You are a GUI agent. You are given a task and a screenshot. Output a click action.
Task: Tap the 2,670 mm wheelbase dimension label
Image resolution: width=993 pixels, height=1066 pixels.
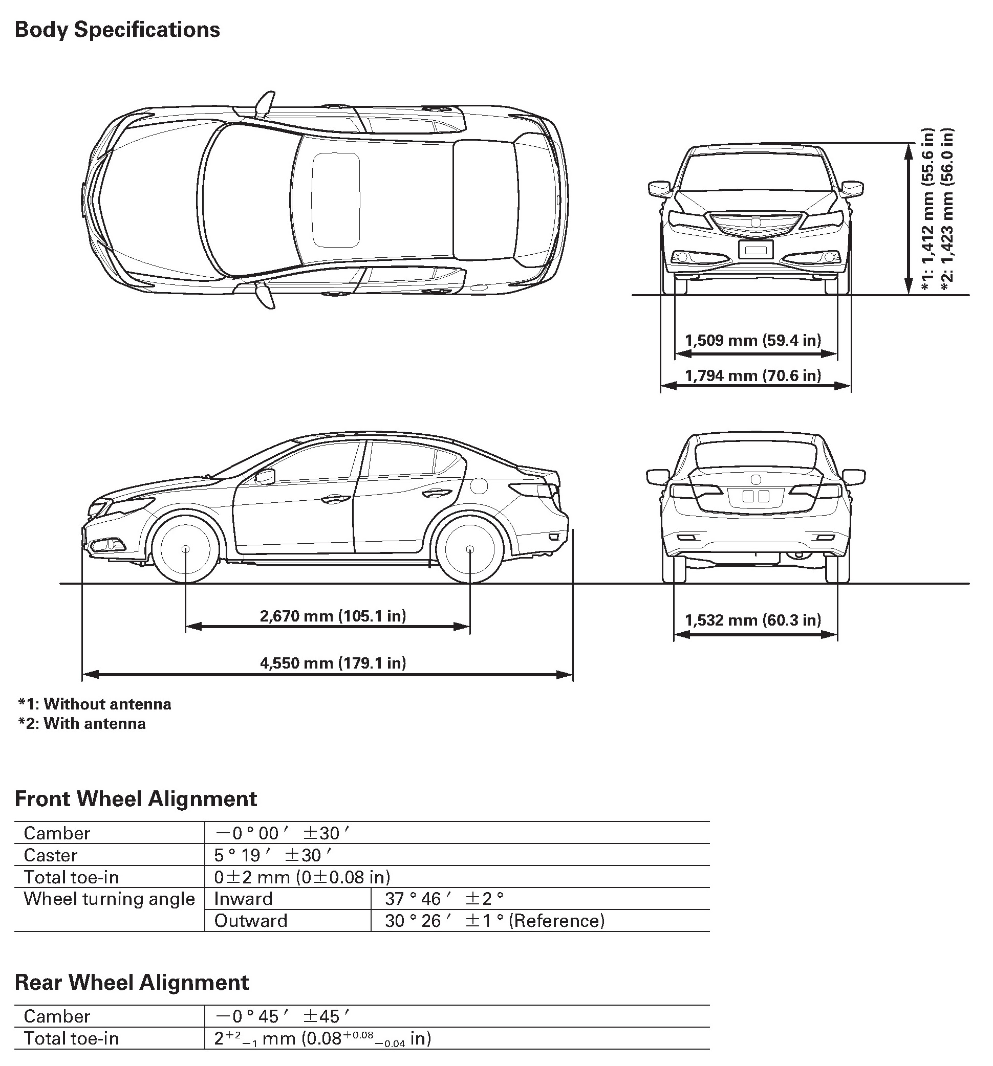[333, 615]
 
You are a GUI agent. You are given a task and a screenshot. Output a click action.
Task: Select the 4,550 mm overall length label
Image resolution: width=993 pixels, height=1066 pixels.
[333, 663]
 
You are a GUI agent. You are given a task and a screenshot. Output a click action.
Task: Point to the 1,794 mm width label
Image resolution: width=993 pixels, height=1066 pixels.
[752, 375]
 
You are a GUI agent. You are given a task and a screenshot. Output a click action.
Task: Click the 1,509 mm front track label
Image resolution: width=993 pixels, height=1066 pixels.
[752, 341]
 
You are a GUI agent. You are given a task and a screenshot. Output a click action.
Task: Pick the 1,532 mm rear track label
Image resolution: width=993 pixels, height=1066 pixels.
[752, 620]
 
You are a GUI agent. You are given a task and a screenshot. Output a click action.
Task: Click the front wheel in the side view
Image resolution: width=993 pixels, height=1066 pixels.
[185, 549]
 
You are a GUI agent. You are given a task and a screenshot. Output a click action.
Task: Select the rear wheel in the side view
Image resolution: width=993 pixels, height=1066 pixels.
[469, 549]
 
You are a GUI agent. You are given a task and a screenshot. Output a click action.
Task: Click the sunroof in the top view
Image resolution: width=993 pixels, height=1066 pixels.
[336, 200]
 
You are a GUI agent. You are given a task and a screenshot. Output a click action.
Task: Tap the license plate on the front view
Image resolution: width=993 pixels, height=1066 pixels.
[755, 249]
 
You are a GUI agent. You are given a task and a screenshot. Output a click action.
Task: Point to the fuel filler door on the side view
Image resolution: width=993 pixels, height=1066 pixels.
[479, 486]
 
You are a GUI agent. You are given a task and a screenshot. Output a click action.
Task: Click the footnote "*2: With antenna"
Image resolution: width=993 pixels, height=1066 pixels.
[82, 723]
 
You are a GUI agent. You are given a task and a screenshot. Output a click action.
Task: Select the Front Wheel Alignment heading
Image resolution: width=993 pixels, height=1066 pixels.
[136, 798]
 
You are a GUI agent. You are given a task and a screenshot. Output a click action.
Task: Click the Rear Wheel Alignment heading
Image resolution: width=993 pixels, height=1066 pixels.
[132, 982]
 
